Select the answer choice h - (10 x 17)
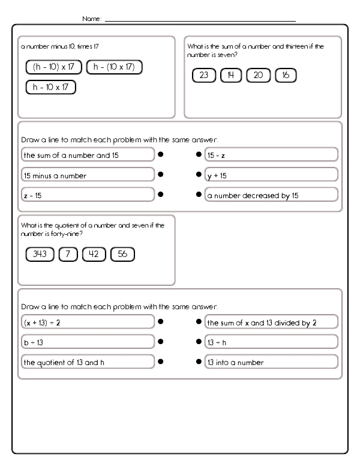click(x=114, y=67)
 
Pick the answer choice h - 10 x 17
click(x=51, y=87)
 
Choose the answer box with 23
click(x=204, y=76)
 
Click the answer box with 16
click(x=286, y=76)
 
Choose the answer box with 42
click(x=94, y=255)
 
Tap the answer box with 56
click(x=123, y=255)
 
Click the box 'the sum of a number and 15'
click(x=87, y=155)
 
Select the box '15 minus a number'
click(x=87, y=175)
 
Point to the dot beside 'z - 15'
click(x=161, y=195)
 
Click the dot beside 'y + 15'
click(x=199, y=175)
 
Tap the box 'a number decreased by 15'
click(x=271, y=195)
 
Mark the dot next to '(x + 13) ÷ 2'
click(x=161, y=322)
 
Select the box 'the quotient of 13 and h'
click(x=87, y=362)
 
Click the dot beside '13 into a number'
click(x=199, y=362)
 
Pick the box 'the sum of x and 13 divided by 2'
click(x=271, y=322)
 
